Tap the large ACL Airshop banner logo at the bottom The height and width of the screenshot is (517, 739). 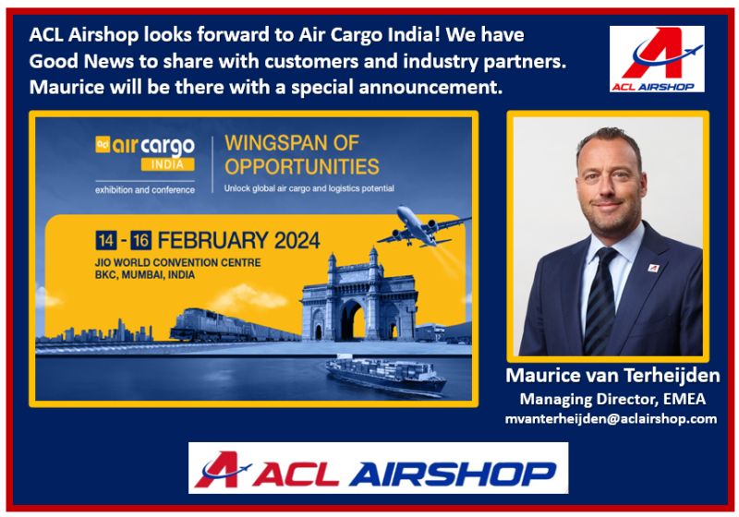click(378, 468)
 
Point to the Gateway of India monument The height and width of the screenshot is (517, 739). click(346, 295)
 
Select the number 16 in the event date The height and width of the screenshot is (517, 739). click(140, 241)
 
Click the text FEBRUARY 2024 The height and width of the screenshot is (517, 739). click(239, 241)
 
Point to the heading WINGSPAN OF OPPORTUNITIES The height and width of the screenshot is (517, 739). click(301, 155)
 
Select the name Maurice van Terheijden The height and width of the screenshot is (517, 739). click(612, 376)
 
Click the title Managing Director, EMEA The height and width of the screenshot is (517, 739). click(612, 399)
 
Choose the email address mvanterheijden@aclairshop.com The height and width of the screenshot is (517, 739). click(612, 418)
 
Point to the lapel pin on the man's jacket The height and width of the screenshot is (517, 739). click(653, 268)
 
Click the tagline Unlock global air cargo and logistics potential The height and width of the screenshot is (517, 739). click(309, 188)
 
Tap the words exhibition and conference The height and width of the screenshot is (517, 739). click(145, 189)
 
